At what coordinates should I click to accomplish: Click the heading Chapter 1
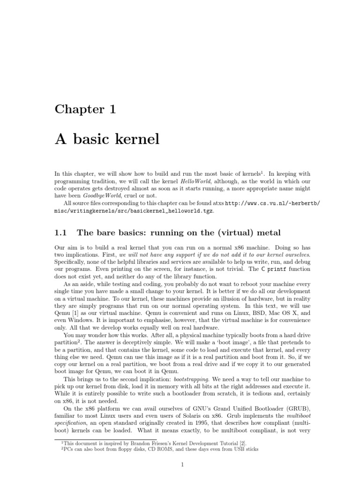(x=85, y=110)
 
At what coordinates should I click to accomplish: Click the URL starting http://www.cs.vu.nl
(x=273, y=203)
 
